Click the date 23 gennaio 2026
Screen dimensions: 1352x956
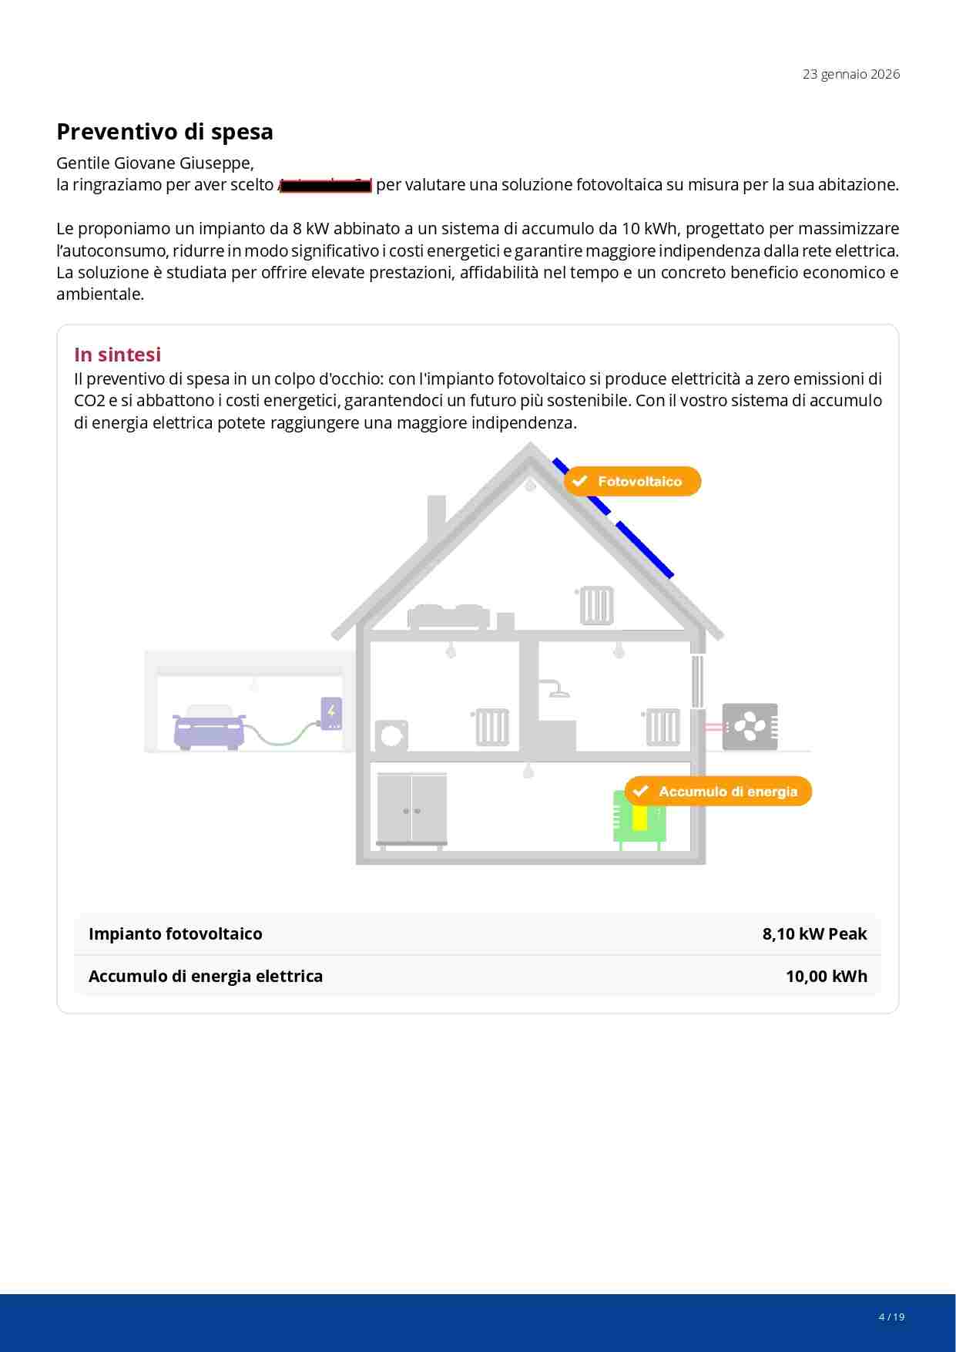coord(850,74)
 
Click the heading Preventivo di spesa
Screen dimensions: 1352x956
coord(165,132)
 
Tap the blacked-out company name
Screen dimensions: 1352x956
coord(325,185)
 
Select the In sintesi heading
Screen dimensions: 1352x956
coord(117,355)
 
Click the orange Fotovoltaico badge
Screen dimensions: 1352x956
coord(632,481)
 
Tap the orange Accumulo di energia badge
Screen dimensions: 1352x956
coord(718,792)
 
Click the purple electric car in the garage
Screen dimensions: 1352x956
coord(209,727)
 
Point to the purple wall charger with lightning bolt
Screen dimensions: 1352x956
coord(331,714)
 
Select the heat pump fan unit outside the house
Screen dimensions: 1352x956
coord(750,726)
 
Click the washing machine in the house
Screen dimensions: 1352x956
coord(391,736)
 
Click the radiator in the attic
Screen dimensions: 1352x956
coord(595,606)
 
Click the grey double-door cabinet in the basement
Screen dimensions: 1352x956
coord(411,809)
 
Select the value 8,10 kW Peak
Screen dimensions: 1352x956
coord(814,934)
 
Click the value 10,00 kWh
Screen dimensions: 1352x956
coord(826,977)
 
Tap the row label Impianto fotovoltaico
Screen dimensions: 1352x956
coord(176,934)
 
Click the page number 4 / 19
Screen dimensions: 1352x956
coord(891,1317)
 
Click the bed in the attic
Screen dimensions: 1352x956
coord(448,617)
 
